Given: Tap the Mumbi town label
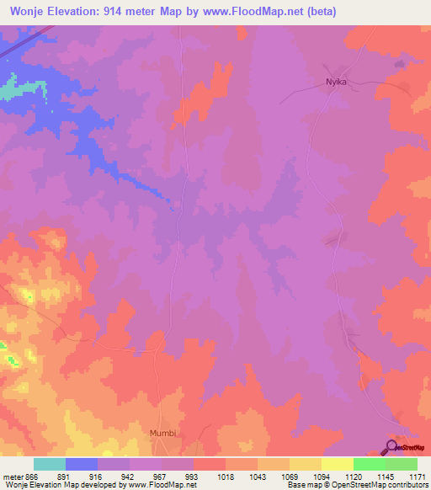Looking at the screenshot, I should tap(164, 433).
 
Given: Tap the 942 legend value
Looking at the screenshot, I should tap(129, 476).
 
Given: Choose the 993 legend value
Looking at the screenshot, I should tap(193, 476).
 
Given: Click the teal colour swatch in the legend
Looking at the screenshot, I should tap(49, 464).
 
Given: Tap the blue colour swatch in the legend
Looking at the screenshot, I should tap(81, 464).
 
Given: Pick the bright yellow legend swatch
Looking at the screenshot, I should tap(337, 464).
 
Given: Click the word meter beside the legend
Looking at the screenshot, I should tap(13, 476).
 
